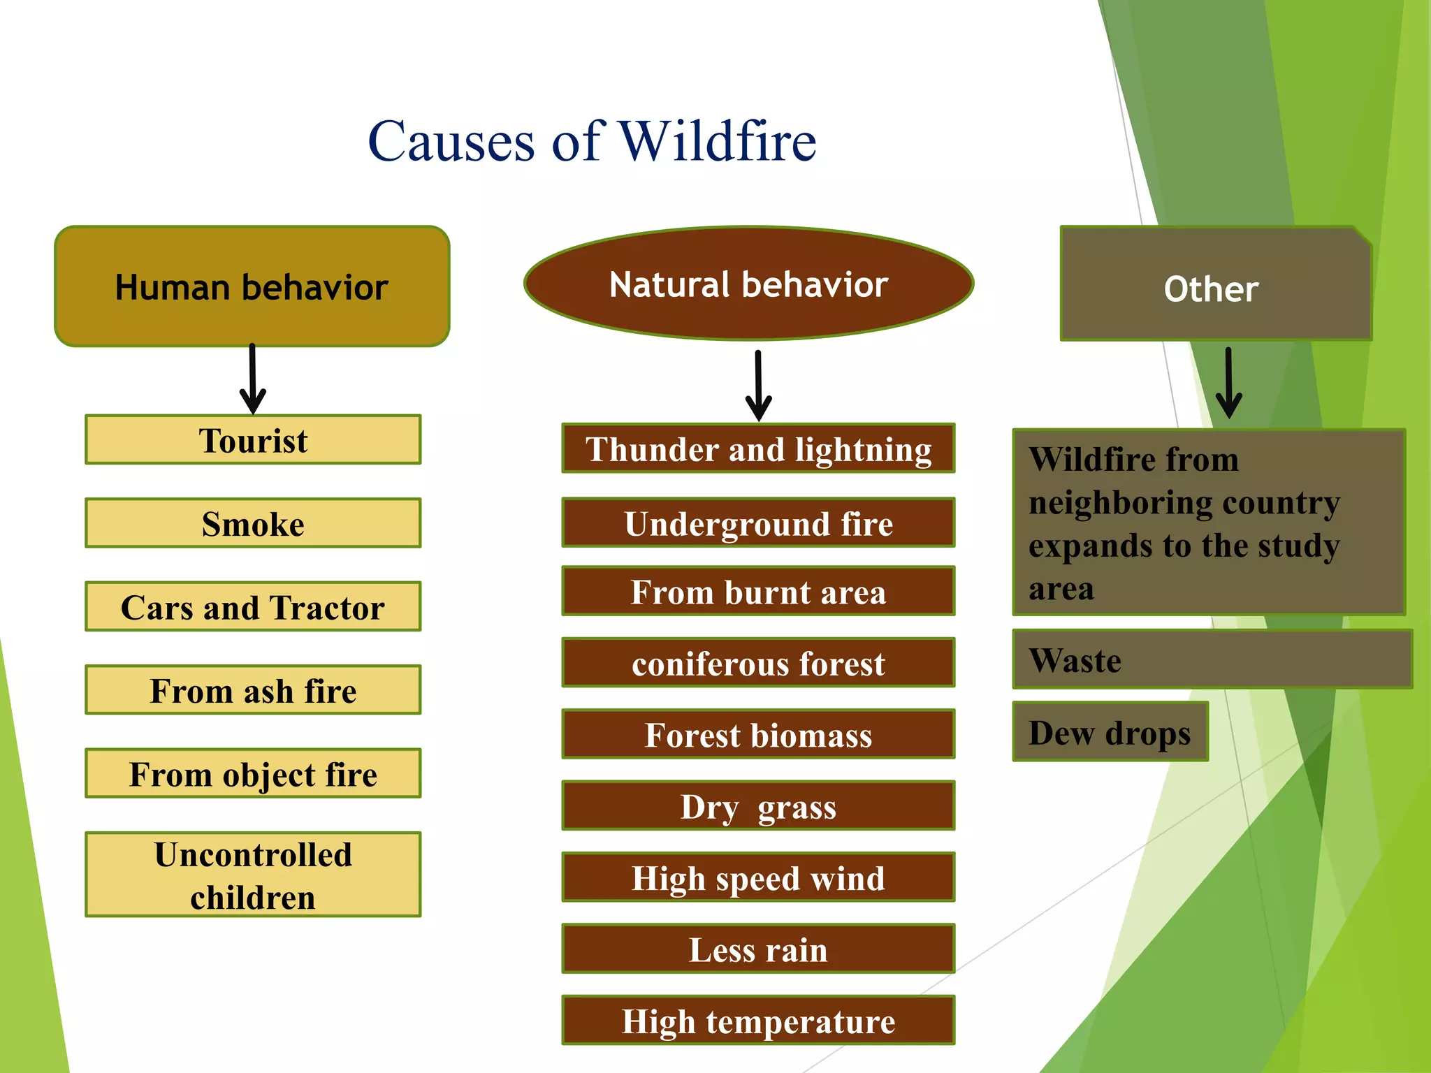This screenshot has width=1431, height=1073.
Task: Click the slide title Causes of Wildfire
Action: [x=592, y=141]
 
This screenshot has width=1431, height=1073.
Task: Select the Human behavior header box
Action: [x=252, y=286]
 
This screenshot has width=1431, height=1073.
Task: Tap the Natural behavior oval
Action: [x=748, y=284]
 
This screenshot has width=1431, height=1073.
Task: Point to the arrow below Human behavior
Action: [x=252, y=381]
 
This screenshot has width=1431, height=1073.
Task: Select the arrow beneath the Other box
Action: [x=1228, y=384]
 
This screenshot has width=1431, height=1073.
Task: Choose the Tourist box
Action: [x=253, y=440]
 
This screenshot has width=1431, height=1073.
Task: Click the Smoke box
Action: [x=253, y=523]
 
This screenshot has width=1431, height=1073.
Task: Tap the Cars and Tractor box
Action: [x=253, y=606]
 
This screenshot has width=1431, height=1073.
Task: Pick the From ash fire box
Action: [x=253, y=690]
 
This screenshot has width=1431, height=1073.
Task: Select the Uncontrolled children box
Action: [x=253, y=875]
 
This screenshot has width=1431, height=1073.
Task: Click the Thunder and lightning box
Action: [x=758, y=448]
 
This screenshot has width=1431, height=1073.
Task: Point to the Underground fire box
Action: [x=758, y=523]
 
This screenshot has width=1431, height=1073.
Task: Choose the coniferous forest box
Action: [x=758, y=663]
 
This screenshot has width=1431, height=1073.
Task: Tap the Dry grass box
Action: [x=758, y=806]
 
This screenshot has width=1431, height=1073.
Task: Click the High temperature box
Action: [x=758, y=1021]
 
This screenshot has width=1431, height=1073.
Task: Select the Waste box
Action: [x=1212, y=659]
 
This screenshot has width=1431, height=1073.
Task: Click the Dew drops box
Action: [x=1110, y=732]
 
